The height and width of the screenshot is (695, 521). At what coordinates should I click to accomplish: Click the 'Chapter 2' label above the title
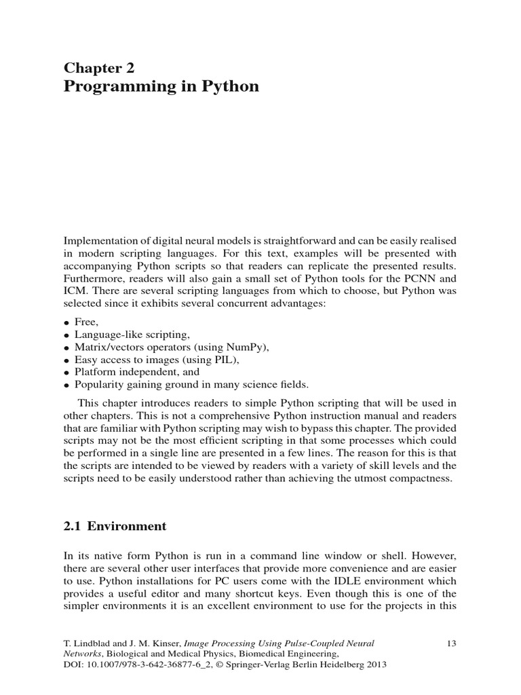[99, 67]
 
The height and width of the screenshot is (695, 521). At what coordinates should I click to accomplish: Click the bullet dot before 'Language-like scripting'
[67, 335]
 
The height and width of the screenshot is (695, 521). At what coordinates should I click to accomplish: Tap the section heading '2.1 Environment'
[115, 526]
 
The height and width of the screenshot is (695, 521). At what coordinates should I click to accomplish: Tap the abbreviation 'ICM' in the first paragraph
[75, 290]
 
